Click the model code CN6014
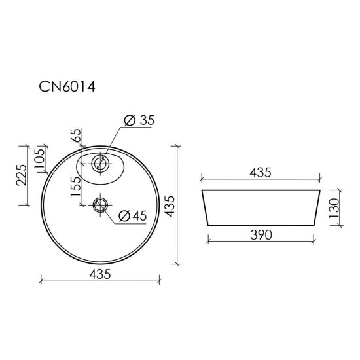click(66, 88)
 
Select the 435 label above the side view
click(260, 172)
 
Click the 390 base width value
click(260, 234)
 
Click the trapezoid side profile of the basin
click(260, 209)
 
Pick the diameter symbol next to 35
click(129, 120)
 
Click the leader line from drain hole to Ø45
click(111, 218)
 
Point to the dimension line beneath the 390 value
click(260, 243)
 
